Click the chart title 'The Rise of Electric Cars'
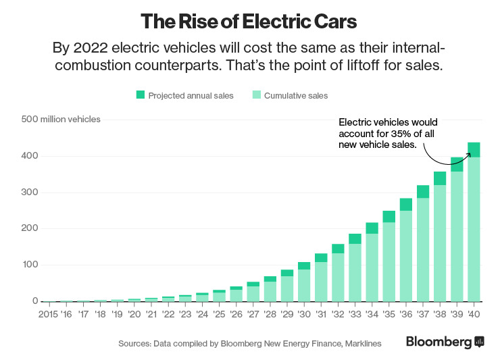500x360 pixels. click(249, 21)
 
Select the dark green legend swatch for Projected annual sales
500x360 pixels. click(141, 95)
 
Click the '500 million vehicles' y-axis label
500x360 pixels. click(61, 120)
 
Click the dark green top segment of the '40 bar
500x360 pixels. click(474, 149)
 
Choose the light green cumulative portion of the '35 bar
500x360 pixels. click(389, 261)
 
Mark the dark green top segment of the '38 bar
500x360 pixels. click(440, 178)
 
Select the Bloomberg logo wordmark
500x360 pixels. click(439, 342)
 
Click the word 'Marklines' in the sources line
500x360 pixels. click(362, 344)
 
